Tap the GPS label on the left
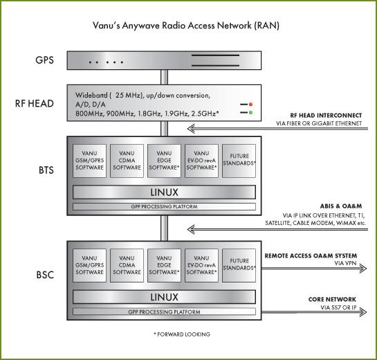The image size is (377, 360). tap(44, 60)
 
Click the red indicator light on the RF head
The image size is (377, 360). tap(251, 105)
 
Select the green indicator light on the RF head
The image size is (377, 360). tap(251, 112)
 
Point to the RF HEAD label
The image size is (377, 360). tap(35, 103)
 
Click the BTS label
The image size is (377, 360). tap(46, 170)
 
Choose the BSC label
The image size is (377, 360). tap(45, 275)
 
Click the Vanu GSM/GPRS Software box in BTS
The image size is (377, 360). tap(89, 161)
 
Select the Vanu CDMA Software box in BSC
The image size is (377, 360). tap(127, 265)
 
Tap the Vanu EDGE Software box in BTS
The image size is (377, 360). tap(164, 161)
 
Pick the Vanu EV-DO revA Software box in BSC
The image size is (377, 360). tap(201, 265)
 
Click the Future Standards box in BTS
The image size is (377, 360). tap(239, 161)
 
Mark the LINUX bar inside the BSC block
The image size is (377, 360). tap(164, 297)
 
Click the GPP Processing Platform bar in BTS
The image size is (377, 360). tap(164, 206)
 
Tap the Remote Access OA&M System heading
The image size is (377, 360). tap(311, 255)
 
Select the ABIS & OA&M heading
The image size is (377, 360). tap(341, 206)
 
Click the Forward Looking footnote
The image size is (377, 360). tap(182, 334)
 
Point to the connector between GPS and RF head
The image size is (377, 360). tap(164, 78)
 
